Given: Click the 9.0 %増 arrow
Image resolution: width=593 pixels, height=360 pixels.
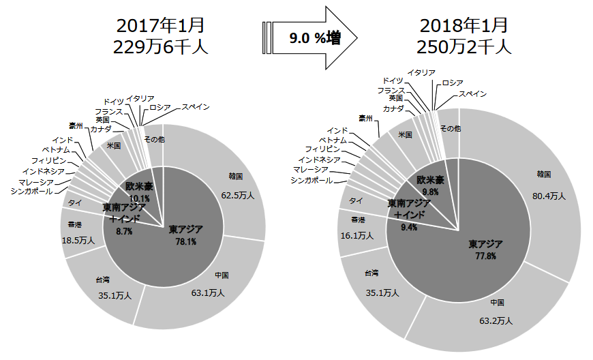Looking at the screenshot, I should point(310,39).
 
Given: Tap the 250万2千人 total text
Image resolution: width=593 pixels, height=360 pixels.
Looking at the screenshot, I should point(464,47).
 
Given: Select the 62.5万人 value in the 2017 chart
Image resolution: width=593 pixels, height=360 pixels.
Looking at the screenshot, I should point(238,195).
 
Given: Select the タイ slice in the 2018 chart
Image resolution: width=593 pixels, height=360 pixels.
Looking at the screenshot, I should point(356,200).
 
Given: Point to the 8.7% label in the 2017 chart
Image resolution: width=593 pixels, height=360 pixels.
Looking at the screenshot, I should point(124,231).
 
